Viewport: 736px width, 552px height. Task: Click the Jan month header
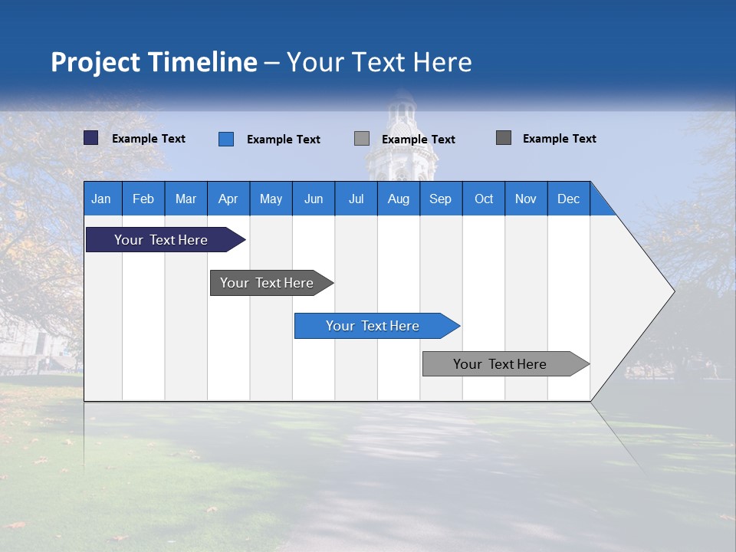(x=101, y=199)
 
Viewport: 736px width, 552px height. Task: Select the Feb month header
(x=143, y=199)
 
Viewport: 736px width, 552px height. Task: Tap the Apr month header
(x=228, y=199)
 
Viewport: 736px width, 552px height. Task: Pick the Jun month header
(x=314, y=199)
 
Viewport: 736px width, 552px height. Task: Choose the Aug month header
(x=398, y=199)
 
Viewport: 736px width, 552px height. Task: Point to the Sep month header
(x=440, y=199)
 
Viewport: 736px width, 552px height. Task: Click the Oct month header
(x=484, y=199)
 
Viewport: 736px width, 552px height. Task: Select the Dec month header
(x=569, y=199)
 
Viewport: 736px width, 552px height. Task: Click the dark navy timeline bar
(x=161, y=240)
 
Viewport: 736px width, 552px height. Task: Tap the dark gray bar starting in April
(x=267, y=283)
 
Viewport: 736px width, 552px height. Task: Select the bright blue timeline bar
(x=373, y=326)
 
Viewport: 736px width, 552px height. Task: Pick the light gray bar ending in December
(x=500, y=364)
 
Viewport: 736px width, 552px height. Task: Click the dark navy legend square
(x=91, y=138)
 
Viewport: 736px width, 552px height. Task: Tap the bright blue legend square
(x=226, y=139)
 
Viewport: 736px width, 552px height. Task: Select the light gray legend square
(x=362, y=138)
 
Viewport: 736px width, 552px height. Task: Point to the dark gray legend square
(x=504, y=137)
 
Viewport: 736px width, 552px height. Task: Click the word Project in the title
(x=96, y=62)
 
